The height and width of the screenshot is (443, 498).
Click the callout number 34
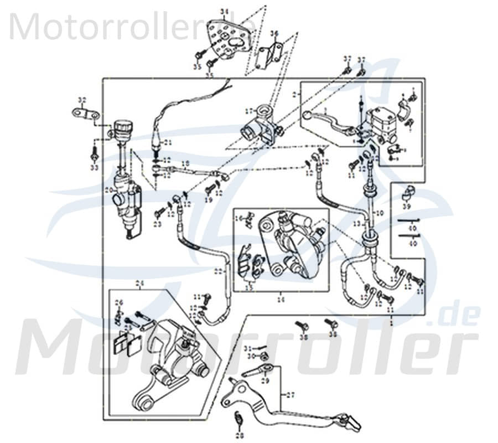pos(224,11)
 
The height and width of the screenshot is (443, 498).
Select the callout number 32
pos(82,100)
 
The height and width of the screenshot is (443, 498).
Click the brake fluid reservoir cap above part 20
pos(122,125)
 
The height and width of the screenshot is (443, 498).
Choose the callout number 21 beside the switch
pos(167,142)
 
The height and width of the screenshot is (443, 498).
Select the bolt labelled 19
pos(209,189)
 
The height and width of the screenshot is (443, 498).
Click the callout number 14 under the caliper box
pos(281,298)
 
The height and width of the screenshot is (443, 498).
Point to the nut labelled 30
pos(264,357)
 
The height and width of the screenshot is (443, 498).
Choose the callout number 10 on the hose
pos(379,213)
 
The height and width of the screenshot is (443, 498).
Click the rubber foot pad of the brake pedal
pos(352,422)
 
